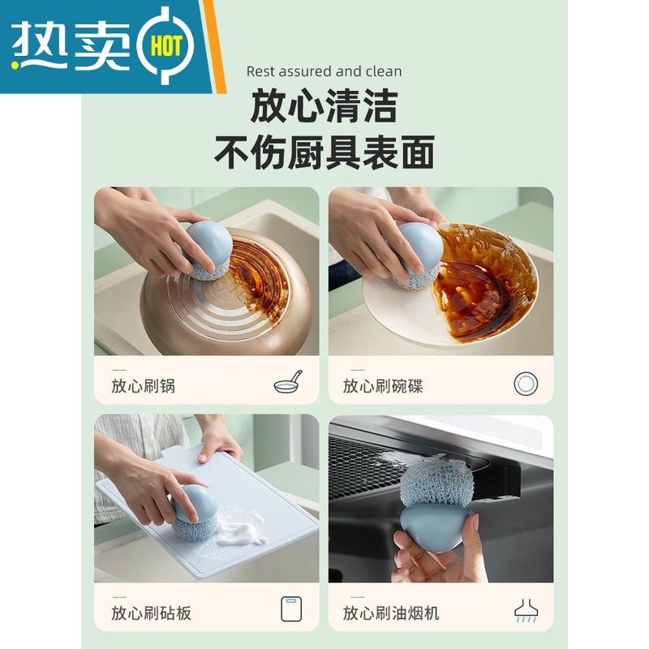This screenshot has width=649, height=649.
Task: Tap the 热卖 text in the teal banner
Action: [x=74, y=45]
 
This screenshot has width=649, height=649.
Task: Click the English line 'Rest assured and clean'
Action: [x=324, y=71]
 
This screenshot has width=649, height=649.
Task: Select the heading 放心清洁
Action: [x=324, y=106]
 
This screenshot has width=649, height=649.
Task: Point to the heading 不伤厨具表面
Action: [x=324, y=152]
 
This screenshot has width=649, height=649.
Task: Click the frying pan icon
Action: [x=288, y=382]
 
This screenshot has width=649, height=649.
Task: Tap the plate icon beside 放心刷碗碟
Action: [x=527, y=383]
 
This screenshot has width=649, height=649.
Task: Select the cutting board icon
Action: [x=292, y=608]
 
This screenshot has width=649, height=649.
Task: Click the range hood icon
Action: [x=527, y=610]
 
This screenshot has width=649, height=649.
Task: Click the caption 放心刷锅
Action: [x=143, y=386]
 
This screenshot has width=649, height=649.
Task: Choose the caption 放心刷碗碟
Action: [x=383, y=386]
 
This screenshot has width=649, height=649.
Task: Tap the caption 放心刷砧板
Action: [x=151, y=612]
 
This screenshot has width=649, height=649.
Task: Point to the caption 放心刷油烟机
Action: [x=391, y=612]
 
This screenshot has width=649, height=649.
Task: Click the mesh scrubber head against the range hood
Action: [x=437, y=482]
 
